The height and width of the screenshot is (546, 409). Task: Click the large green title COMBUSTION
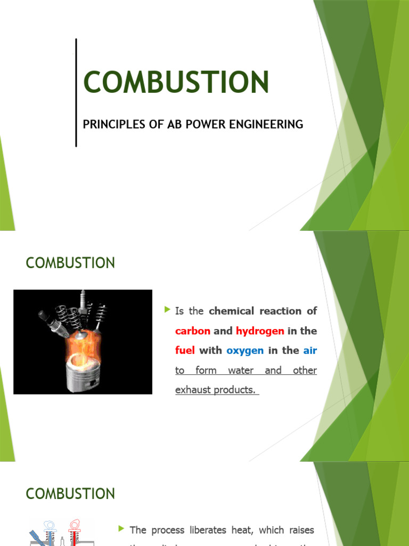point(176,83)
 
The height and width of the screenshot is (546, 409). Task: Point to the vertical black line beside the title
point(76,92)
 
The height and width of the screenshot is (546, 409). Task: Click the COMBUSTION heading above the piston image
point(70,263)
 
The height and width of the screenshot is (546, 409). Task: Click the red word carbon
point(193,331)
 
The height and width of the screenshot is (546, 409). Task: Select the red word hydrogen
point(260,331)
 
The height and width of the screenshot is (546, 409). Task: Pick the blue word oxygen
point(245,351)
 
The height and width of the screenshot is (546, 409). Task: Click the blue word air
point(310,351)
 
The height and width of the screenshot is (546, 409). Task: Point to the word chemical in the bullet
point(232,311)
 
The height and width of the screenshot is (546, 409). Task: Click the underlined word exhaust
point(193,390)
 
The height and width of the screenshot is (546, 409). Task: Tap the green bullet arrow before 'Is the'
point(168,310)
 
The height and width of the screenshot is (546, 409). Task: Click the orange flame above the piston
point(80,347)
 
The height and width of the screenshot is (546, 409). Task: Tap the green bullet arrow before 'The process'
point(122,529)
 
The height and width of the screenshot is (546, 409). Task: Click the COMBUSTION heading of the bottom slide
point(70,494)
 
